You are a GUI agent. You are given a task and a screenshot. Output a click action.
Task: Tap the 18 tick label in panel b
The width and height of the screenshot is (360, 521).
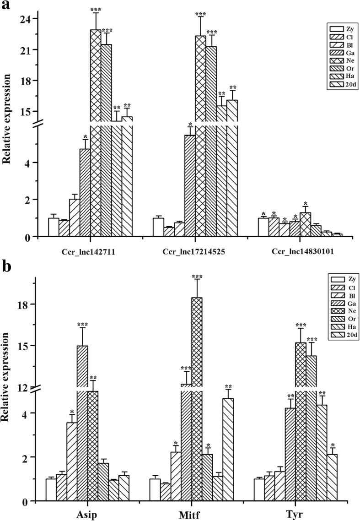pyautogui.click(x=30, y=304)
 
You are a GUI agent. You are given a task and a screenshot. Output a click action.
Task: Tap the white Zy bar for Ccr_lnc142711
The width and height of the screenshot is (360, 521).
pyautogui.click(x=54, y=227)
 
